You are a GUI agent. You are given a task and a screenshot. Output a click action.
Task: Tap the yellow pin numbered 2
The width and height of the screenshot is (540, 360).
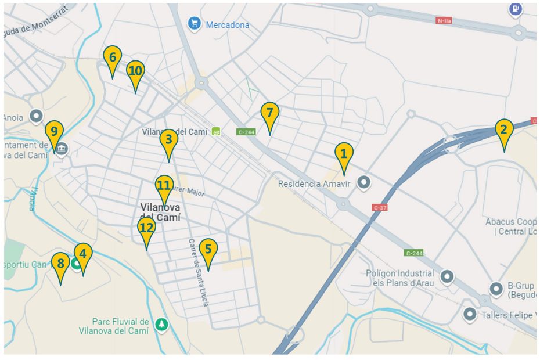503,131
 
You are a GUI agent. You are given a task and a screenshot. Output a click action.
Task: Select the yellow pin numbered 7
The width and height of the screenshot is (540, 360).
269,114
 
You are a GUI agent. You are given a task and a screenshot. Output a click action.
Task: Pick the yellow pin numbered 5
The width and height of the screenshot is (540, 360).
208,250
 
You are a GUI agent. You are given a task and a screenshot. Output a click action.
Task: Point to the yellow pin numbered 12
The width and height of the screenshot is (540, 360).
146,228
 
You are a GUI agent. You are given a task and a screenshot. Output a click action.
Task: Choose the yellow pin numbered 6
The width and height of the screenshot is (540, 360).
113,58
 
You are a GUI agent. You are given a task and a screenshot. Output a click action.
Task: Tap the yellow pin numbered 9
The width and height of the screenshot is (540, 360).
54,132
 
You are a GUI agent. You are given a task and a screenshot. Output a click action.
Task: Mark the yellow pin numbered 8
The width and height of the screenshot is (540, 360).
60,265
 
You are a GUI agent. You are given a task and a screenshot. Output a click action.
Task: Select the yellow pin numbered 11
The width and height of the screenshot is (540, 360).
164,186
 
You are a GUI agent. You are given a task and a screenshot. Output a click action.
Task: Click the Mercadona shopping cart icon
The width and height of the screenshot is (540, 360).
194,24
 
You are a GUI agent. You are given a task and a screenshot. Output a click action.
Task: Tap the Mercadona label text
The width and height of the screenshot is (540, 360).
227,25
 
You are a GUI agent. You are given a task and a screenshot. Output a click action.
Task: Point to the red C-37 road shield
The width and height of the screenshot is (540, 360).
380,207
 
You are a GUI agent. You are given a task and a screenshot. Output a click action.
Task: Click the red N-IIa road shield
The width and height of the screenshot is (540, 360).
444,21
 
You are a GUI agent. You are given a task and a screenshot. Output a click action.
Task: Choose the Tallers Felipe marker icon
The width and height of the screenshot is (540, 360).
470,314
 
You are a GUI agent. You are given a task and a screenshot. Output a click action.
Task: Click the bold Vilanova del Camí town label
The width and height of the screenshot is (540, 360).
160,212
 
